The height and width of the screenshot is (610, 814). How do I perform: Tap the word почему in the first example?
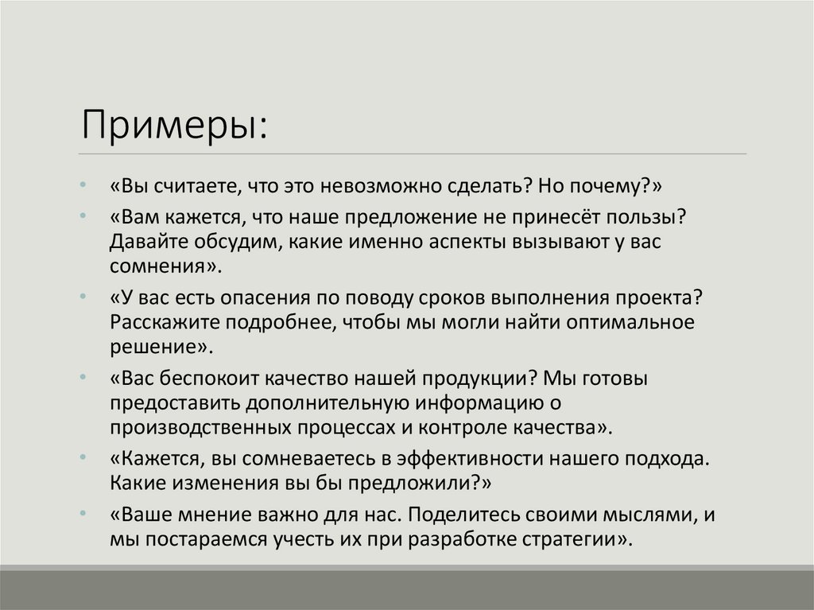607,185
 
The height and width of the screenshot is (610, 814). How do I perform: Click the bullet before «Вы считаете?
84,185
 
